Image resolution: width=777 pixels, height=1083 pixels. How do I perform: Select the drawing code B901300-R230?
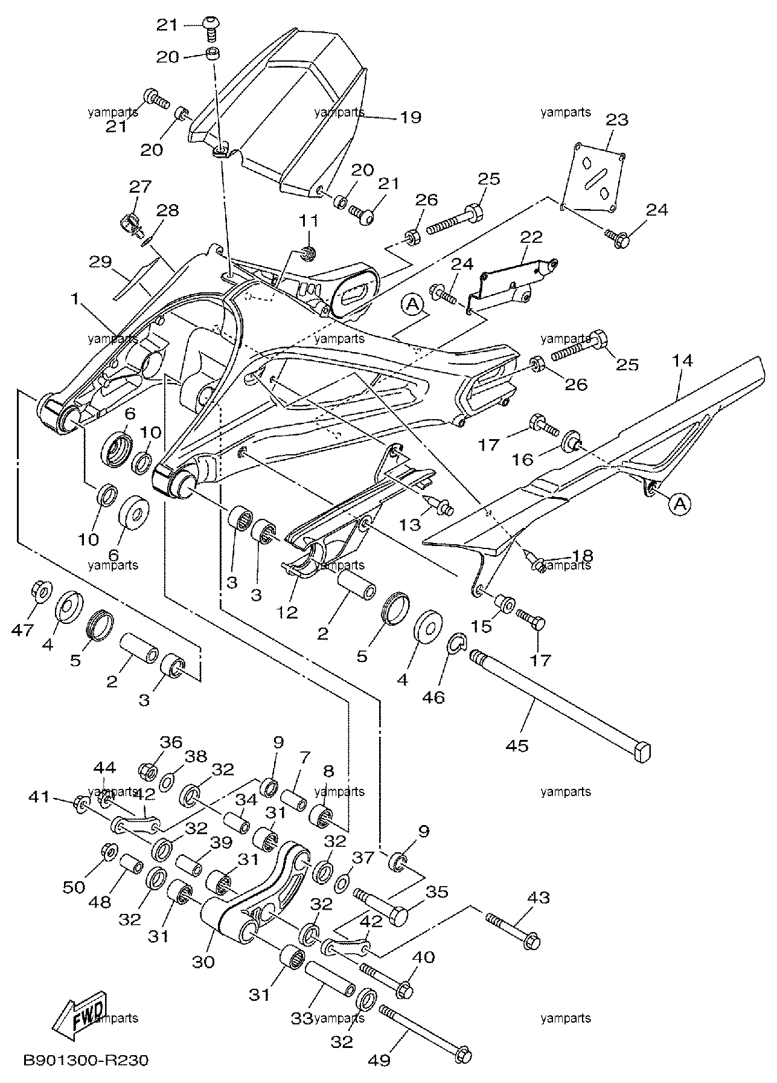(86, 1060)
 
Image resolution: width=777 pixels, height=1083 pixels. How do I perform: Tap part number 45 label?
(517, 746)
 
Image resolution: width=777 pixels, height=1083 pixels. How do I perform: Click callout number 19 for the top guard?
(411, 117)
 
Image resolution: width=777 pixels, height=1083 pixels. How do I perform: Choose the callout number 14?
(682, 361)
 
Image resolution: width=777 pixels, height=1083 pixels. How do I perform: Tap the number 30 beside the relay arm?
(203, 962)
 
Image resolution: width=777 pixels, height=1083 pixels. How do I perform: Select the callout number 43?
(539, 899)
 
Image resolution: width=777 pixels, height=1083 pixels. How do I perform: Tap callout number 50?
(75, 887)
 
